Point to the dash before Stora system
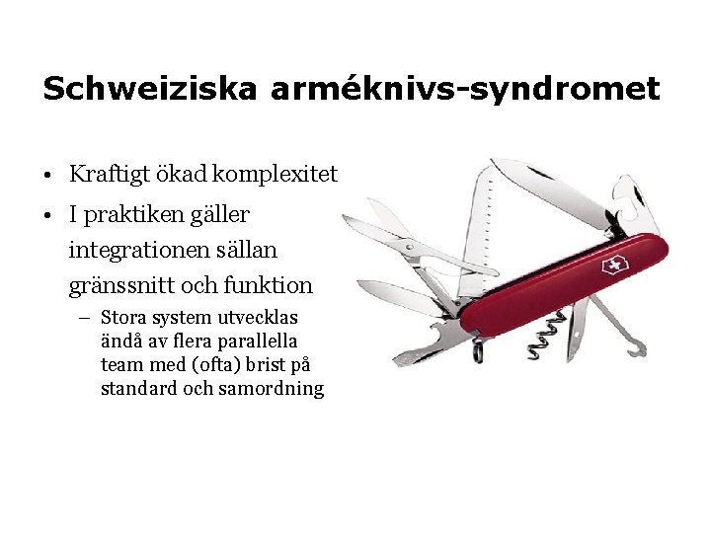pos(87,318)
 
